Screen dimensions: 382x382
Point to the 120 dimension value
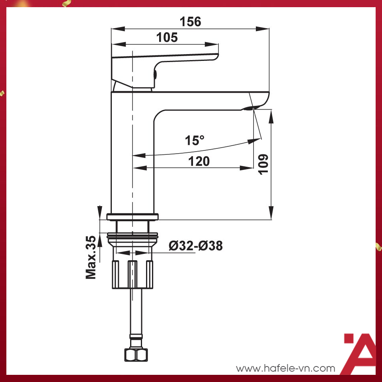pyautogui.click(x=199, y=161)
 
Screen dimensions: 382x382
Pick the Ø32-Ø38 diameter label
pyautogui.click(x=195, y=246)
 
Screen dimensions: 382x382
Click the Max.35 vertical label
pyautogui.click(x=91, y=257)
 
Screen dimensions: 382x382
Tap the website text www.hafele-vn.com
pyautogui.click(x=286, y=368)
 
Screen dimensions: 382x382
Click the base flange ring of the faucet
pyautogui.click(x=133, y=217)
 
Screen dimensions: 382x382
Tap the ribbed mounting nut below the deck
pyautogui.click(x=133, y=275)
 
